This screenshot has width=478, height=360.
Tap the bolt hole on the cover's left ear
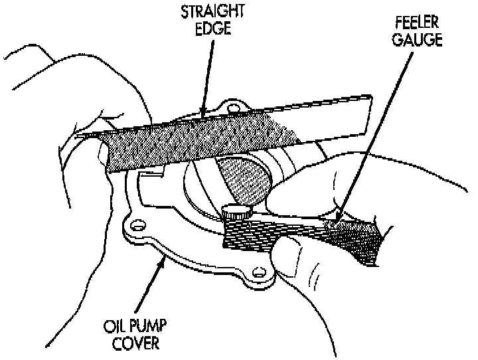tap(137, 226)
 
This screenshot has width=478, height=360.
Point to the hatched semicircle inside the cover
tap(246, 179)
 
